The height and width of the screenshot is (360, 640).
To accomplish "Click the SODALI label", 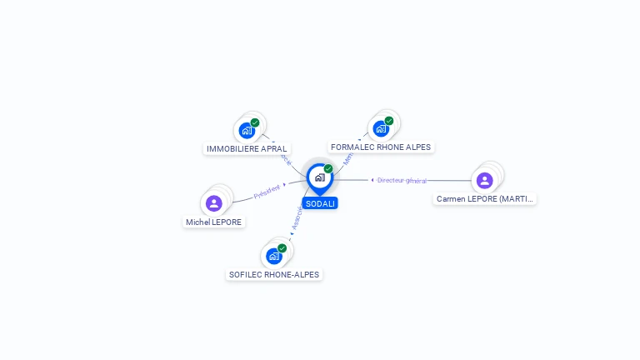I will [x=320, y=203].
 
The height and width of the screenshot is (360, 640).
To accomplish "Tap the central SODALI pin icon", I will [x=319, y=177].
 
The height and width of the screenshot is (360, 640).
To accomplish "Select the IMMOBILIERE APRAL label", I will [x=247, y=149].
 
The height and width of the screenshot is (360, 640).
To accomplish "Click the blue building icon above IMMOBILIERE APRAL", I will [x=247, y=130].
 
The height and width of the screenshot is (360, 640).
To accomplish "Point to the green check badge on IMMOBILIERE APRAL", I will [x=255, y=122].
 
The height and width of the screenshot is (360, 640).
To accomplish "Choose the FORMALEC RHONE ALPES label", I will [x=381, y=147].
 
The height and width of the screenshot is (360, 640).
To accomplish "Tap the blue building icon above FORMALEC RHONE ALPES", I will [x=381, y=128].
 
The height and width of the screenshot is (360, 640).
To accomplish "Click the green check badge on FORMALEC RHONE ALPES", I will [x=389, y=121].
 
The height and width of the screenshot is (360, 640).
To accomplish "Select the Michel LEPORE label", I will [x=214, y=222].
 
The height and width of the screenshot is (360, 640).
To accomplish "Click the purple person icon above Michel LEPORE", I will [x=214, y=202].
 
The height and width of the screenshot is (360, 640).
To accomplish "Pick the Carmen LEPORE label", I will [x=485, y=199].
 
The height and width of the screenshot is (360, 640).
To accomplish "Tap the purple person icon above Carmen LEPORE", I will [x=484, y=180].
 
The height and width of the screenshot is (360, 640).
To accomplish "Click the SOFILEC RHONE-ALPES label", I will [x=274, y=275].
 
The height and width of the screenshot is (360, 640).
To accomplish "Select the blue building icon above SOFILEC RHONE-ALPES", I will [x=273, y=256].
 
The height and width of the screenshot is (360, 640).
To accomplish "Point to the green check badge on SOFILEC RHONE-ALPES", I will [x=282, y=248].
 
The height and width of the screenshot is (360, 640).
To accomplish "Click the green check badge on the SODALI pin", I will [x=328, y=169].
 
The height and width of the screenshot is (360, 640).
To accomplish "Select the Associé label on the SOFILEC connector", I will [x=297, y=218].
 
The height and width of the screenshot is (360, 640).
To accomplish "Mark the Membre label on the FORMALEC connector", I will [x=348, y=156].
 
